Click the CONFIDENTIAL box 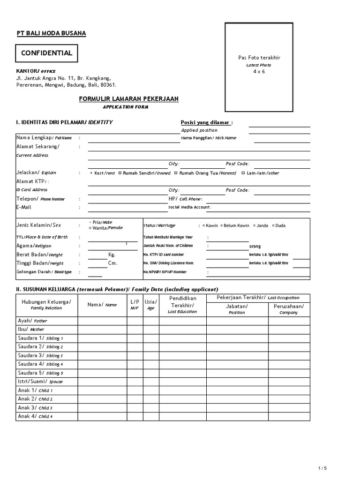coord(47,53)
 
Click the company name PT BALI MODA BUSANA coord(51,33)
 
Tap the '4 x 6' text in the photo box coord(259,71)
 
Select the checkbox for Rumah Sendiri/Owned coord(120,173)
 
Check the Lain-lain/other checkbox coord(243,173)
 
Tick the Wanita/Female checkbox coord(90,228)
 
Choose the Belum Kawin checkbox coord(221,225)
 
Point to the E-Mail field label coord(23,207)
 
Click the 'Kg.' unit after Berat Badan coord(112,255)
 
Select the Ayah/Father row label coord(32,321)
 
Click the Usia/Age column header coord(150,305)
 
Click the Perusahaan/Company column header coord(288,309)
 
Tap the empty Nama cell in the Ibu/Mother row coord(102,330)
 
